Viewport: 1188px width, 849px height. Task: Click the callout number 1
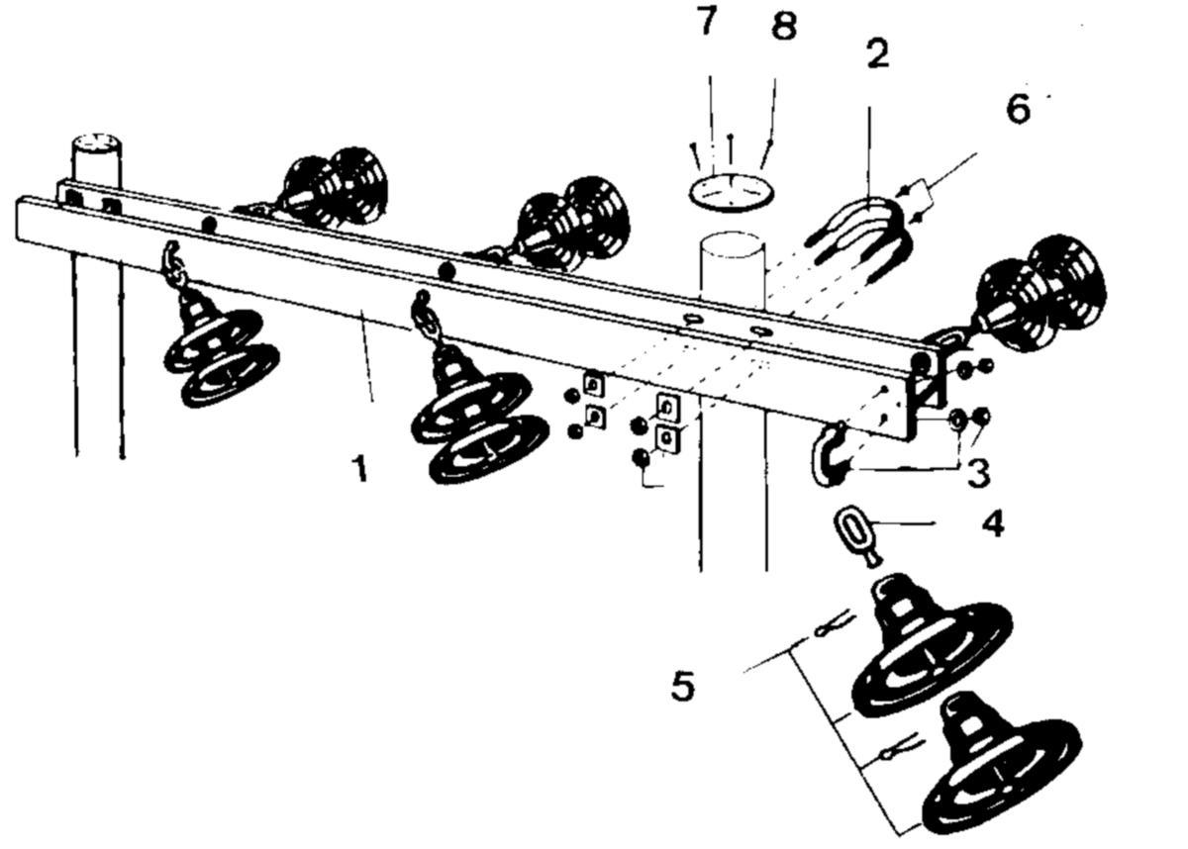(x=360, y=468)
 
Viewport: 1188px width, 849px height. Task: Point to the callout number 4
(x=993, y=524)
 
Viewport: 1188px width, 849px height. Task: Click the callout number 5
(x=683, y=687)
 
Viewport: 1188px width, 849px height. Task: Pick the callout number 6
(x=1019, y=109)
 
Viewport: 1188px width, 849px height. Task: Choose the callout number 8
(x=784, y=25)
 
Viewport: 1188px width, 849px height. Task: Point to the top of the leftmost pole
(x=96, y=143)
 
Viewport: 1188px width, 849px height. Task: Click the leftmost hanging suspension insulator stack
(x=220, y=339)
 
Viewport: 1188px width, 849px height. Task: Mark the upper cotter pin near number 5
(x=835, y=624)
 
